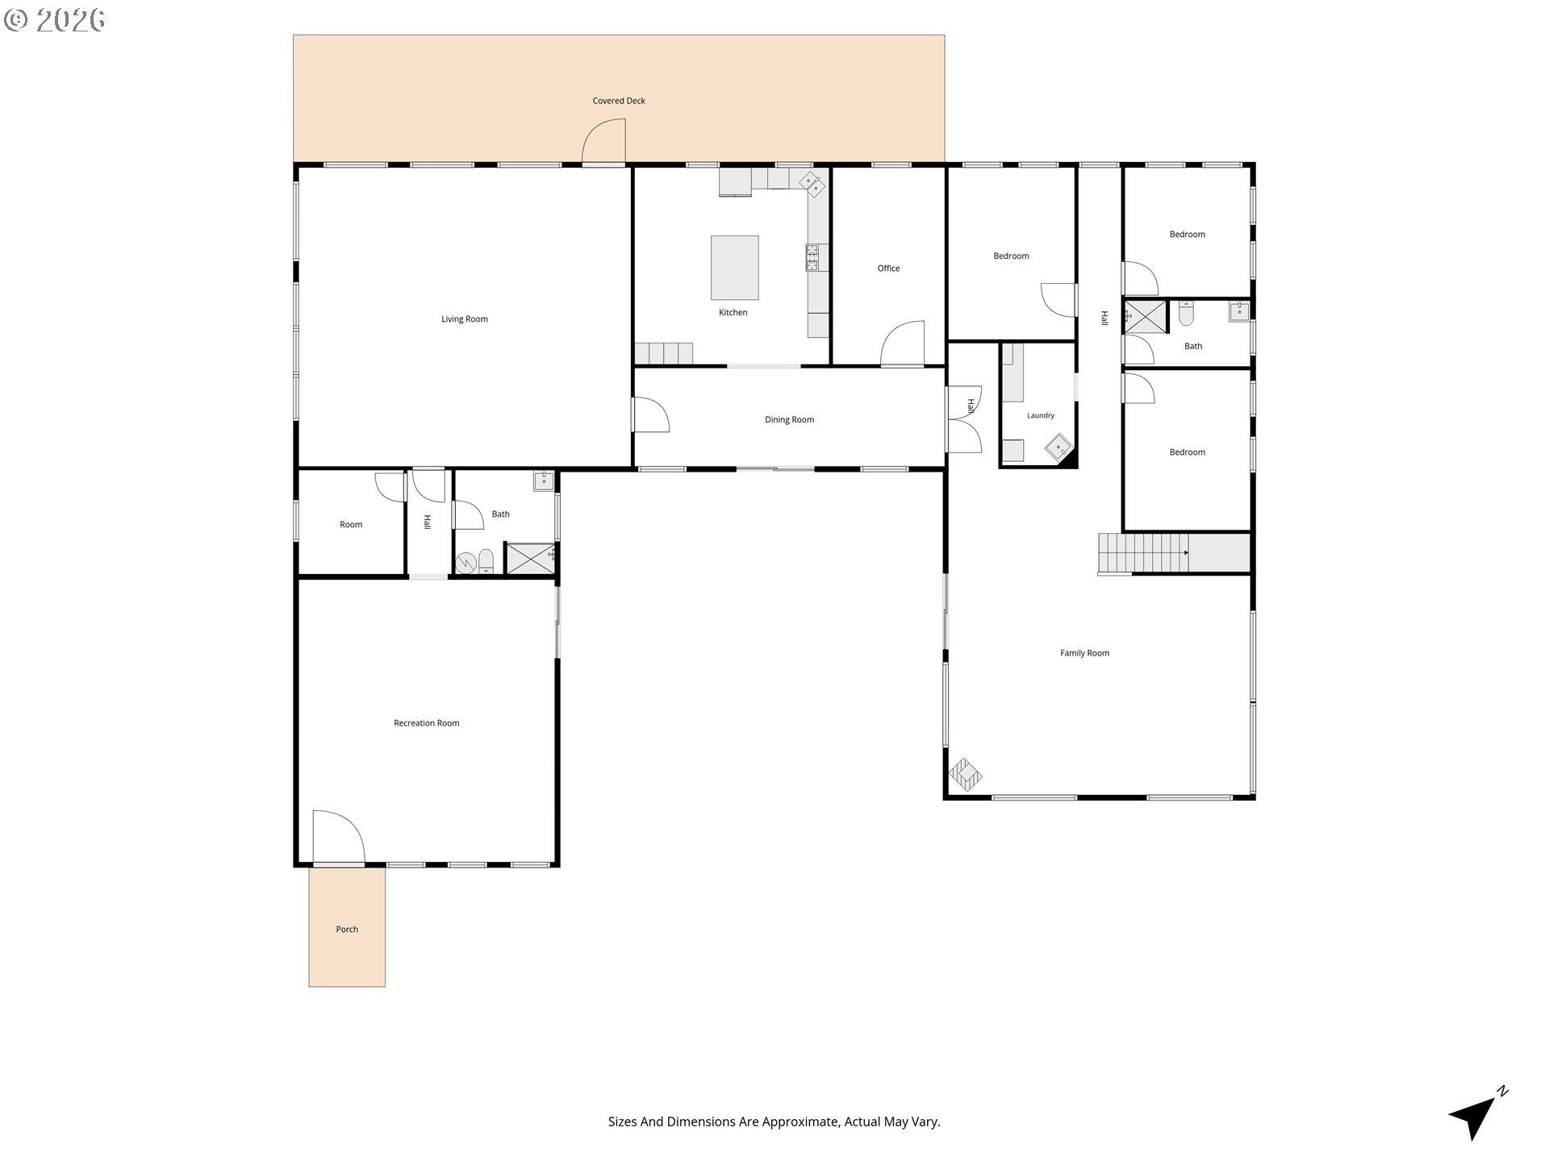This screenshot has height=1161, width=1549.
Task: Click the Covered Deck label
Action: [x=619, y=101]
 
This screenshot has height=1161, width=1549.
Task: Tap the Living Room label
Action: [x=465, y=319]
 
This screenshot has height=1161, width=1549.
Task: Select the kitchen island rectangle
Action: [x=734, y=268]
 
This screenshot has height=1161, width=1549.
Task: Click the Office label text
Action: [x=888, y=268]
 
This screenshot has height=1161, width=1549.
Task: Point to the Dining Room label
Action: [x=789, y=419]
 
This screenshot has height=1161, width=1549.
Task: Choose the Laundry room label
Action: [x=1041, y=416]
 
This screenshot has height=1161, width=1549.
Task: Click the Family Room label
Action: [x=1084, y=653]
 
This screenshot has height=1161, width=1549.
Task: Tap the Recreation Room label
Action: [x=426, y=723]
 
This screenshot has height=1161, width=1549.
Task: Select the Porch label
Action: [x=347, y=930]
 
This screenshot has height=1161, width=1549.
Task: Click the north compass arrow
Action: [x=1477, y=1113]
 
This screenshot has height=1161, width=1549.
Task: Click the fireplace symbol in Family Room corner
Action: [x=966, y=775]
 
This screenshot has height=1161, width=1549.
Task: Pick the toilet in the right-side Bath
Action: [x=1185, y=314]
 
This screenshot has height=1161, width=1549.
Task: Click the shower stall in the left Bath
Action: [x=530, y=558]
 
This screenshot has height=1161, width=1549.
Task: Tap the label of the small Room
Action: [x=351, y=525]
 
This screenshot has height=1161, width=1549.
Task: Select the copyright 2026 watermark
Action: [x=54, y=20]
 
